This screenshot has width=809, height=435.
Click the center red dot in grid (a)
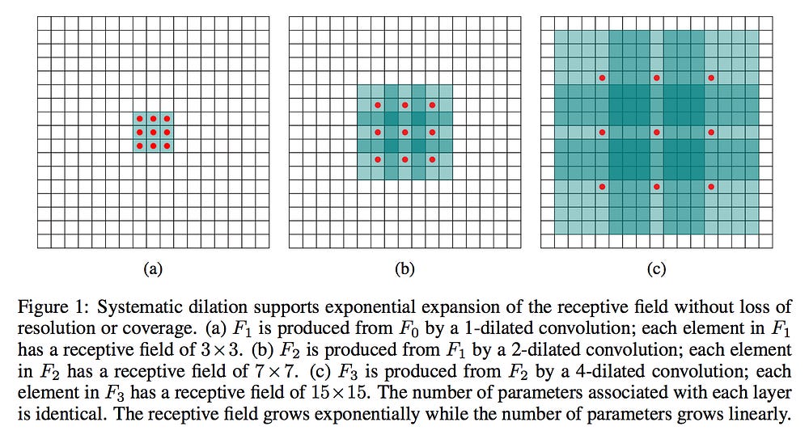[153, 132]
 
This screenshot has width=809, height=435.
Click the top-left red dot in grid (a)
[139, 118]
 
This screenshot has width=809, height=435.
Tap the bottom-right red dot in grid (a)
[167, 146]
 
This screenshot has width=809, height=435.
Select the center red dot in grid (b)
[404, 132]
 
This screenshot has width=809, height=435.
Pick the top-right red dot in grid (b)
[432, 105]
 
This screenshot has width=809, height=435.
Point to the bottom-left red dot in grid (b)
[377, 159]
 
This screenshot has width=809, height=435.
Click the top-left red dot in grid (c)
[602, 78]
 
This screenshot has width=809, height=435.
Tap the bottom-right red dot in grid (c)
[711, 187]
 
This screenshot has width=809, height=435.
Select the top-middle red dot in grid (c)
[657, 78]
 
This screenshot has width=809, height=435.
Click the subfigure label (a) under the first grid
[152, 270]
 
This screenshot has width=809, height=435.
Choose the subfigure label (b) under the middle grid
[404, 270]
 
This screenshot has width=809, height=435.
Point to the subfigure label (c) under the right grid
[657, 270]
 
